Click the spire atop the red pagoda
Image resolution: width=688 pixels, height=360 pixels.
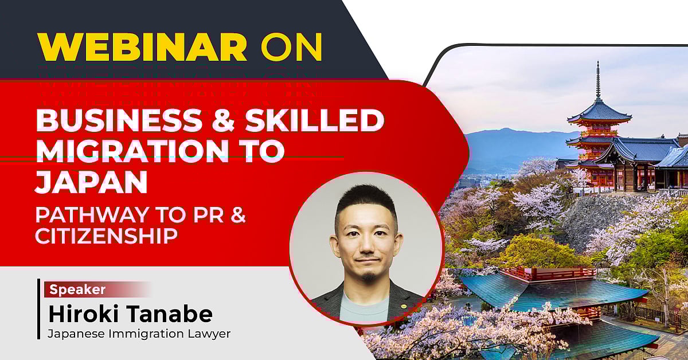(x=598, y=80)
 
